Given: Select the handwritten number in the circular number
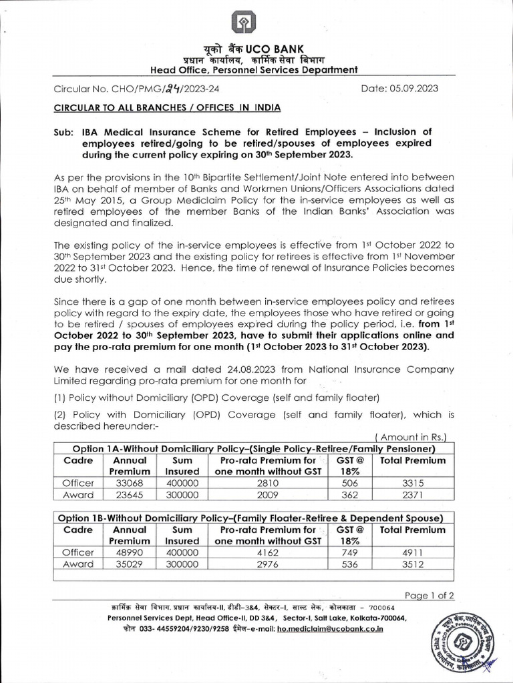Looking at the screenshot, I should pos(156,89).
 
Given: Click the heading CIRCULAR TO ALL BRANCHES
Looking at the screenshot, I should pos(158,107).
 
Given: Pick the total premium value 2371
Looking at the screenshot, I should pos(412,495).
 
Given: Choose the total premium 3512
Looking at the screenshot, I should pos(412,564).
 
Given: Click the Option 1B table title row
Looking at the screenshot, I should pos(250,518).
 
